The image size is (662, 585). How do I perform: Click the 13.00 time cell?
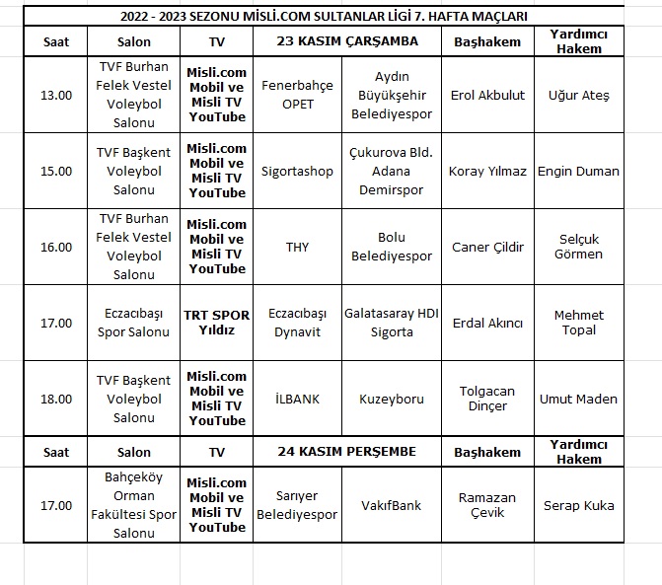[x=56, y=96]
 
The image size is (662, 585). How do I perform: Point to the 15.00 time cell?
[x=56, y=171]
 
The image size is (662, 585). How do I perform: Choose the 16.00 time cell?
[x=56, y=247]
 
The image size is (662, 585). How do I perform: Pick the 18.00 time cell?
[x=56, y=399]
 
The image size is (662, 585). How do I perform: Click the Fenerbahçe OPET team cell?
[x=297, y=96]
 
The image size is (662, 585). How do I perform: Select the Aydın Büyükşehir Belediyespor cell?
[x=392, y=96]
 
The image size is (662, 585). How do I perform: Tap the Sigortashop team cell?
[x=297, y=171]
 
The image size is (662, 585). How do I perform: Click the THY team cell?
[x=297, y=247]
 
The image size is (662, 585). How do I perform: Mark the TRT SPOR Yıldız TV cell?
[x=217, y=323]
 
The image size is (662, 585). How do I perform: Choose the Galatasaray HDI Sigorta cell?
[x=392, y=323]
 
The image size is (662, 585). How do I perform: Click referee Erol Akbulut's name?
[x=487, y=96]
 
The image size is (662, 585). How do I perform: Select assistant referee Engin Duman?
[x=578, y=171]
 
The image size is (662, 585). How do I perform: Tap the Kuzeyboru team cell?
[x=392, y=399]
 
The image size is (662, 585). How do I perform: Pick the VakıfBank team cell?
[x=392, y=505]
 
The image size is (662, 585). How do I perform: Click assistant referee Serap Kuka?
[x=578, y=505]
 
